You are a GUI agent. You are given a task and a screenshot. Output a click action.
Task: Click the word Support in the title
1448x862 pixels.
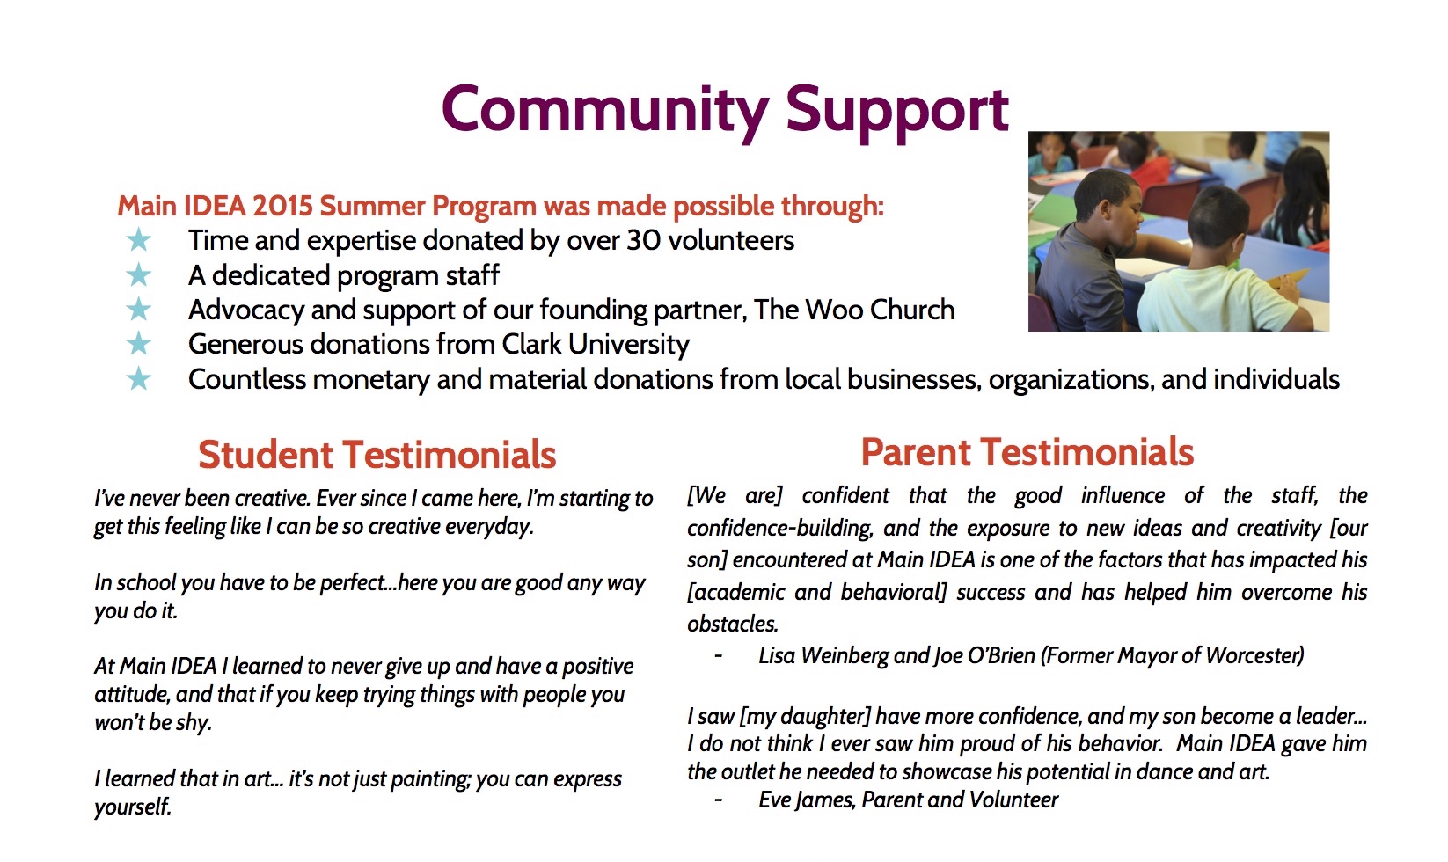[x=897, y=112]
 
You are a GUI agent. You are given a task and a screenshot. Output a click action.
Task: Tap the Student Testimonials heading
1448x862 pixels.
[x=377, y=454]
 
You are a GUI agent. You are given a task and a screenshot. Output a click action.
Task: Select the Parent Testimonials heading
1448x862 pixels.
[x=1027, y=452]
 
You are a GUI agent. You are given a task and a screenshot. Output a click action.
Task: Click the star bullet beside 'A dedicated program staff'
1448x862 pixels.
[x=138, y=275]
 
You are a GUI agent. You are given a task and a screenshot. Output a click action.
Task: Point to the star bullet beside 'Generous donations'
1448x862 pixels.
[x=138, y=344]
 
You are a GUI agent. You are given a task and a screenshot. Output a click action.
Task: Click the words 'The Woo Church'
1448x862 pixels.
[x=854, y=310]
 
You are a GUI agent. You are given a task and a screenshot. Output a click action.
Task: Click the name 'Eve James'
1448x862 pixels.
[x=807, y=800]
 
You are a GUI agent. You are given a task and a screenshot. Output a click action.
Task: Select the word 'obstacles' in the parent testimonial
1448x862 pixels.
[x=732, y=625]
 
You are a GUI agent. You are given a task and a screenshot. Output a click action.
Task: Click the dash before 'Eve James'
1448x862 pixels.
[x=718, y=800]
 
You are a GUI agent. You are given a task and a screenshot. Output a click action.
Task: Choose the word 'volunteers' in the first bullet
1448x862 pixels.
[x=731, y=240]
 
